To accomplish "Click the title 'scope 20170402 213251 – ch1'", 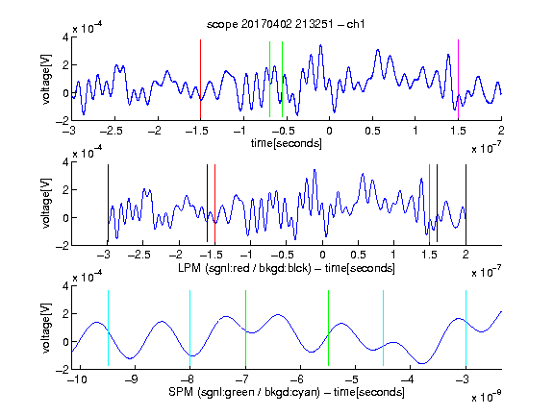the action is [x=286, y=24].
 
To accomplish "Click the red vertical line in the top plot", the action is [x=200, y=80].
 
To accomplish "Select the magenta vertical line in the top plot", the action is [x=458, y=80].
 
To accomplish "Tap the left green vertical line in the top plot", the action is [x=269, y=79].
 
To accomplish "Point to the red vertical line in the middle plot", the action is [x=214, y=204].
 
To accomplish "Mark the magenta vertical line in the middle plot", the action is [x=429, y=204].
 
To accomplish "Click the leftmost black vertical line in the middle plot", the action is [x=108, y=204].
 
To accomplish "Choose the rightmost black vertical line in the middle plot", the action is [x=466, y=205].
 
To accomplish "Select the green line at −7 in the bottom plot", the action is [x=245, y=329].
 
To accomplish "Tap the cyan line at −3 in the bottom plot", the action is [x=466, y=329].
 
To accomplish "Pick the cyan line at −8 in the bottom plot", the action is [x=189, y=329].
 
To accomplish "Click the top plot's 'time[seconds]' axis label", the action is [x=287, y=143].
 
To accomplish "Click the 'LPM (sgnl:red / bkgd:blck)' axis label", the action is [x=244, y=268].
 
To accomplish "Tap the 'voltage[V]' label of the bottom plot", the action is [x=46, y=328].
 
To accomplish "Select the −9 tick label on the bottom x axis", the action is [x=132, y=379].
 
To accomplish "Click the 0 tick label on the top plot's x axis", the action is [x=329, y=131].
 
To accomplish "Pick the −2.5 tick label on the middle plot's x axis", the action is [x=139, y=255].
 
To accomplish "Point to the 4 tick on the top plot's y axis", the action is [x=65, y=37].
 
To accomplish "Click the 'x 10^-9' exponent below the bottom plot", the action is [x=487, y=397].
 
